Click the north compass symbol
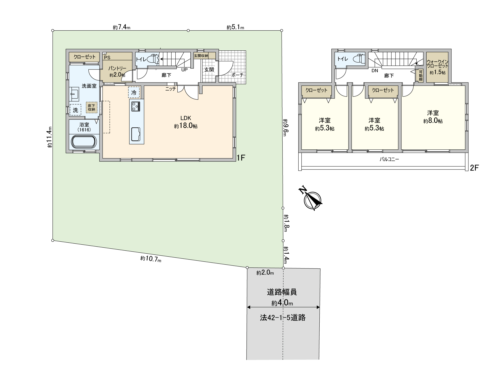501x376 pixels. pyautogui.click(x=312, y=201)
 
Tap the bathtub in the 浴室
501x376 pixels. pyautogui.click(x=84, y=142)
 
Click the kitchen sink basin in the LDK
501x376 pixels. pyautogui.click(x=136, y=134)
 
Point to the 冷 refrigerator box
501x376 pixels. pyautogui.click(x=134, y=92)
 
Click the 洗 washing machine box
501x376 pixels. pyautogui.click(x=76, y=110)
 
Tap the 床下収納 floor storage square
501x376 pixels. pyautogui.click(x=91, y=108)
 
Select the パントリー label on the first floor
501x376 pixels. pyautogui.click(x=117, y=68)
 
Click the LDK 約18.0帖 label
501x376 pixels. pyautogui.click(x=186, y=122)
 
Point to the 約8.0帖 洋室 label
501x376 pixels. pyautogui.click(x=433, y=117)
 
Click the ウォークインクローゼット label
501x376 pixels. pyautogui.click(x=437, y=64)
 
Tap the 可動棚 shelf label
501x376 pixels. pyautogui.click(x=421, y=75)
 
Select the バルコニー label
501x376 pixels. pyautogui.click(x=389, y=159)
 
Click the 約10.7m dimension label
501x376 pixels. pyautogui.click(x=151, y=259)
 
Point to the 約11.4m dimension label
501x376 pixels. pyautogui.click(x=50, y=137)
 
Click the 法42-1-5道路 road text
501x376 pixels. pyautogui.click(x=283, y=318)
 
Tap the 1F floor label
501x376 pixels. pyautogui.click(x=241, y=158)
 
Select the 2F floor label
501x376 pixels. pyautogui.click(x=474, y=168)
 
